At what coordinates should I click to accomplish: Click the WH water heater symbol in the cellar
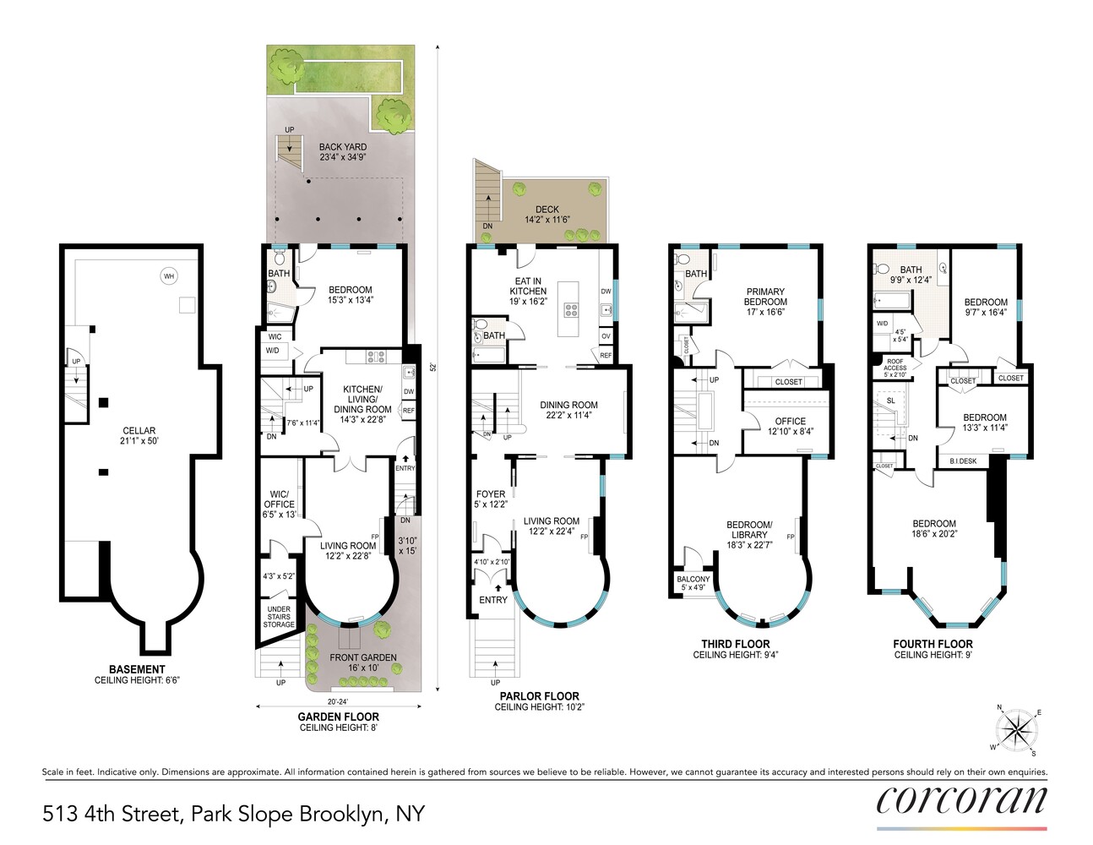coord(169,276)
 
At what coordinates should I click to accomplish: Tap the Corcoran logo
coord(961,799)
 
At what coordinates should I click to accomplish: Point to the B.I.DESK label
coord(963,461)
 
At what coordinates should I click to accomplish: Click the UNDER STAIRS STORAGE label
coord(279,617)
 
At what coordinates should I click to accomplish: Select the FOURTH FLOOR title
coord(933,644)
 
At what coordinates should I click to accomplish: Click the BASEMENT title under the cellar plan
coord(137,669)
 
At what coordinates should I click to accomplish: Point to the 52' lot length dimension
coord(432,368)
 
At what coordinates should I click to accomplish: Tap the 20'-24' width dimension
coord(338,701)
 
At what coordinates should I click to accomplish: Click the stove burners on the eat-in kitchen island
coord(571,309)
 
